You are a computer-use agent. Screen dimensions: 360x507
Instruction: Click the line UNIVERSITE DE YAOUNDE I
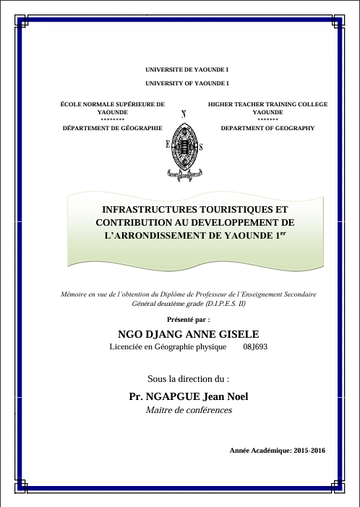pos(187,70)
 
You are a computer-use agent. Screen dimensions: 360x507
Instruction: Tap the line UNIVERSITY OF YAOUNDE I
pos(187,84)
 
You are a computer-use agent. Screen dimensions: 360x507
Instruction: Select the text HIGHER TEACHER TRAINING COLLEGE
pos(267,104)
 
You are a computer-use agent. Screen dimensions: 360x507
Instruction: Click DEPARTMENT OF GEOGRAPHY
pos(267,127)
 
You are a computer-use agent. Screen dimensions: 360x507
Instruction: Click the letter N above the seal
pos(184,114)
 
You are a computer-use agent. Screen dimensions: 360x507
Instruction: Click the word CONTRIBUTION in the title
pos(134,222)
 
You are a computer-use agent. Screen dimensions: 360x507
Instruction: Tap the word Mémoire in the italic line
pos(77,294)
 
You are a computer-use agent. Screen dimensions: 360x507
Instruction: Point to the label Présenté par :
pos(188,318)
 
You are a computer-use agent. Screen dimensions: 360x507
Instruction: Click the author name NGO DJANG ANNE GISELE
pos(187,333)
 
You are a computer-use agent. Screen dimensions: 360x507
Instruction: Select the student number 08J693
pos(255,347)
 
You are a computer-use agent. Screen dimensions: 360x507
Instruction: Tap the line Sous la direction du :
pos(188,378)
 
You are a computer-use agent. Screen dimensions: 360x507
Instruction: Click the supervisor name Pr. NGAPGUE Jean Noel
pos(188,396)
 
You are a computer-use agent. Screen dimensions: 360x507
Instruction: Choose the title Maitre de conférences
pos(189,411)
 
